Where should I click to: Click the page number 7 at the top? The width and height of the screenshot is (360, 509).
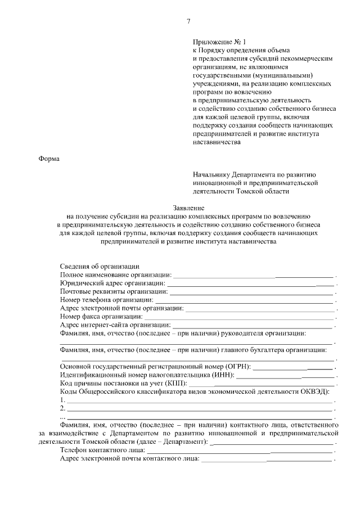pos(188,21)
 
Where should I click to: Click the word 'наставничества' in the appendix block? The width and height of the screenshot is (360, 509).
pos(217,142)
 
